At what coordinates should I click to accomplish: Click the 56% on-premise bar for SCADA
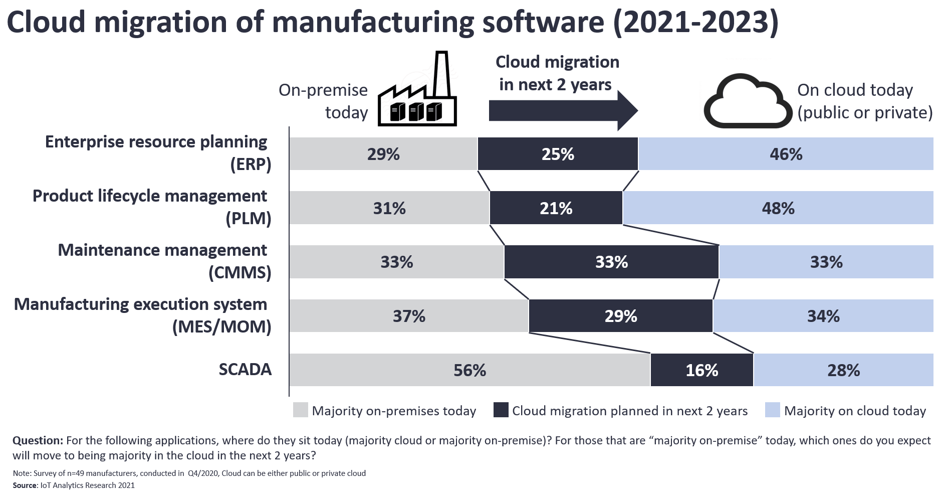click(x=469, y=370)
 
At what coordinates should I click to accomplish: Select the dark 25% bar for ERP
click(x=558, y=154)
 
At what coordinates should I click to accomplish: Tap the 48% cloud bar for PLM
click(x=778, y=208)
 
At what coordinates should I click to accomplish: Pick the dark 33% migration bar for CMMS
click(x=611, y=262)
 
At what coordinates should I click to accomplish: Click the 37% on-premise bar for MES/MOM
click(x=409, y=316)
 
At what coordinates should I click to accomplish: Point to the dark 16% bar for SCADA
click(x=701, y=370)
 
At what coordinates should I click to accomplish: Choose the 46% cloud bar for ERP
click(x=786, y=154)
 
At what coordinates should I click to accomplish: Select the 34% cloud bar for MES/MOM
click(x=823, y=316)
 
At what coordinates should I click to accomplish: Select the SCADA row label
click(x=245, y=370)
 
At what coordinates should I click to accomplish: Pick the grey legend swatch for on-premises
click(x=301, y=410)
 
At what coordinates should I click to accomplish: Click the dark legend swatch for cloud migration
click(x=501, y=410)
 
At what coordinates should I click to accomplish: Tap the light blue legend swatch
click(x=773, y=410)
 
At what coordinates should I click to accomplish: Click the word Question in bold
click(x=38, y=440)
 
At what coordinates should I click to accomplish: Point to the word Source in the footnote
click(x=25, y=485)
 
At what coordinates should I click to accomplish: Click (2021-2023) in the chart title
click(x=696, y=23)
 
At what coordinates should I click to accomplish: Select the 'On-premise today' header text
click(x=323, y=101)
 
